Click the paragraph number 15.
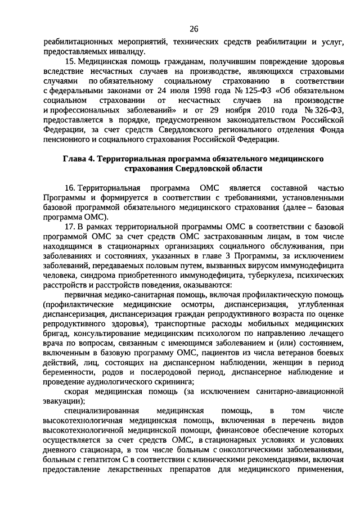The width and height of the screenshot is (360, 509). (70, 60)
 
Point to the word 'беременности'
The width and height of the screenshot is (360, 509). (67, 372)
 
